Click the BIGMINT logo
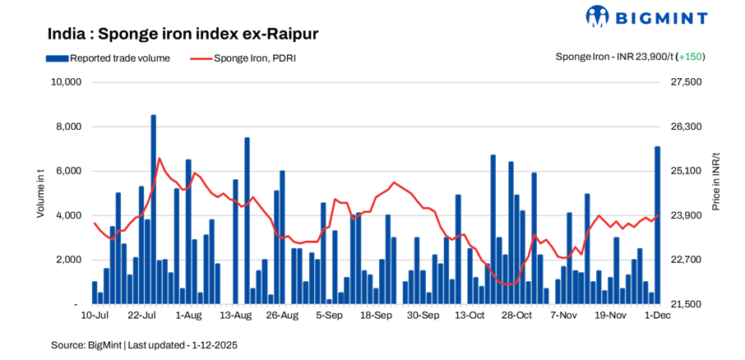[x=658, y=16]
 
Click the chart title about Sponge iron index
[x=183, y=34]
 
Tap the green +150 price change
[x=691, y=57]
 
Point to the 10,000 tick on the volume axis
[x=65, y=82]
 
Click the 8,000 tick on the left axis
[x=68, y=127]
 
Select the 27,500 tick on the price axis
[x=687, y=82]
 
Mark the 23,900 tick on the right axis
[x=687, y=215]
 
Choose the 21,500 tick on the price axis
[x=687, y=304]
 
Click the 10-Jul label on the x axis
[x=95, y=315]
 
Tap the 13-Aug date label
[x=236, y=315]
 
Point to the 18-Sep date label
[x=377, y=315]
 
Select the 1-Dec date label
[x=657, y=315]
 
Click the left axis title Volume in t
[x=40, y=193]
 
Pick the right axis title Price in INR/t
[x=715, y=181]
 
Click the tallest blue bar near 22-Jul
[x=153, y=210]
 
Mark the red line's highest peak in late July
[x=159, y=158]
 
